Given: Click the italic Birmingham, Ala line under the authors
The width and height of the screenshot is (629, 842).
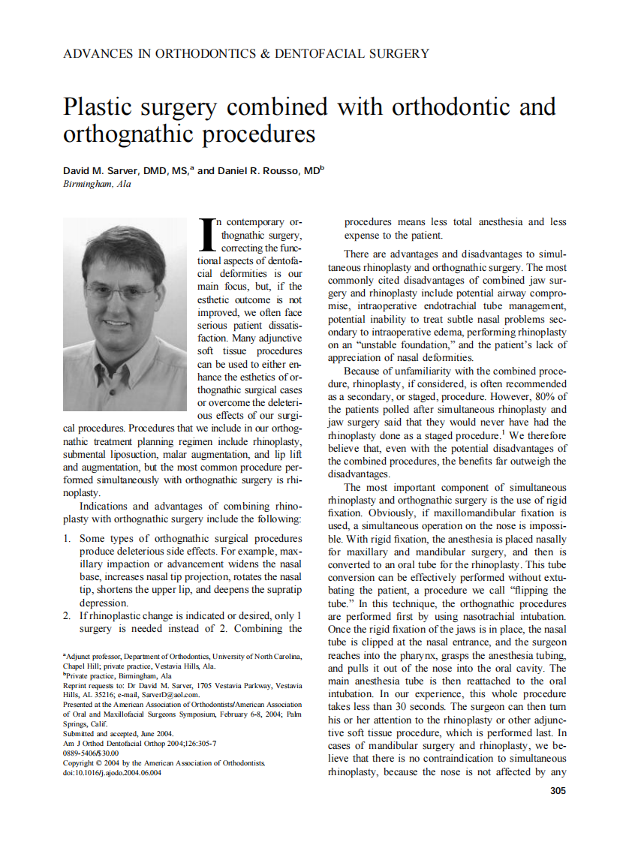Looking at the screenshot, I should (x=97, y=185).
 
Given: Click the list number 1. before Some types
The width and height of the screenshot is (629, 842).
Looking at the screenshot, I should (x=68, y=539).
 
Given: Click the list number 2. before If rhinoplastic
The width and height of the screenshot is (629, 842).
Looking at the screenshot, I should (x=68, y=615).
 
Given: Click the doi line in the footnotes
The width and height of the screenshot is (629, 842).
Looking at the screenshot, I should (x=112, y=773).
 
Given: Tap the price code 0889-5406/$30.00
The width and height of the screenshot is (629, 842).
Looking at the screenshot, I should (x=92, y=753).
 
